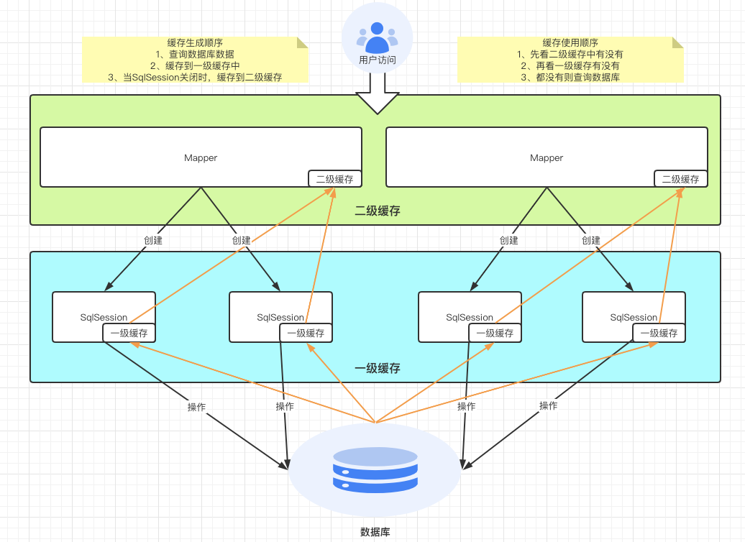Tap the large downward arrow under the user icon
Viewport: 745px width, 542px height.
pyautogui.click(x=377, y=98)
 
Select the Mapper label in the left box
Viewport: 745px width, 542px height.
pyautogui.click(x=201, y=157)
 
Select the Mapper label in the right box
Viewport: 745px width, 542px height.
pyautogui.click(x=547, y=157)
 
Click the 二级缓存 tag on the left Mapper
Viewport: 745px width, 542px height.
pyautogui.click(x=334, y=179)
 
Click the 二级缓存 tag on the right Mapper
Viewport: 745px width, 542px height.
pyautogui.click(x=680, y=179)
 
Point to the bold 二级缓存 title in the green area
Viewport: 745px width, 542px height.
pyautogui.click(x=378, y=211)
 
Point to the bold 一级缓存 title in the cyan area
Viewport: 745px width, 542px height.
pyautogui.click(x=378, y=368)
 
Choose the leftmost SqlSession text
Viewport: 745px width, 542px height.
pyautogui.click(x=104, y=317)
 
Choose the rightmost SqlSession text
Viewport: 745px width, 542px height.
pyautogui.click(x=634, y=317)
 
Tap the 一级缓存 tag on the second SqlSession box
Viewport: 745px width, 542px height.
pyautogui.click(x=306, y=333)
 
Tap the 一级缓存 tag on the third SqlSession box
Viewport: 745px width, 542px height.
pyautogui.click(x=495, y=333)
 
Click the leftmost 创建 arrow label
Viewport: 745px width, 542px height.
pyautogui.click(x=152, y=240)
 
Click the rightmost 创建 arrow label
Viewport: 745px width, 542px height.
pyautogui.click(x=591, y=240)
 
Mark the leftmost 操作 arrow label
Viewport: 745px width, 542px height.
pyautogui.click(x=196, y=407)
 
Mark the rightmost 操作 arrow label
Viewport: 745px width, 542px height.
pyautogui.click(x=549, y=405)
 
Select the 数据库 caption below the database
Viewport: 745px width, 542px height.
pyautogui.click(x=375, y=532)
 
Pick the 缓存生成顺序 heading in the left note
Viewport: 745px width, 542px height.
pyautogui.click(x=194, y=42)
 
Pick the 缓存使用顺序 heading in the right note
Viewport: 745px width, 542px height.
pyautogui.click(x=570, y=42)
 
